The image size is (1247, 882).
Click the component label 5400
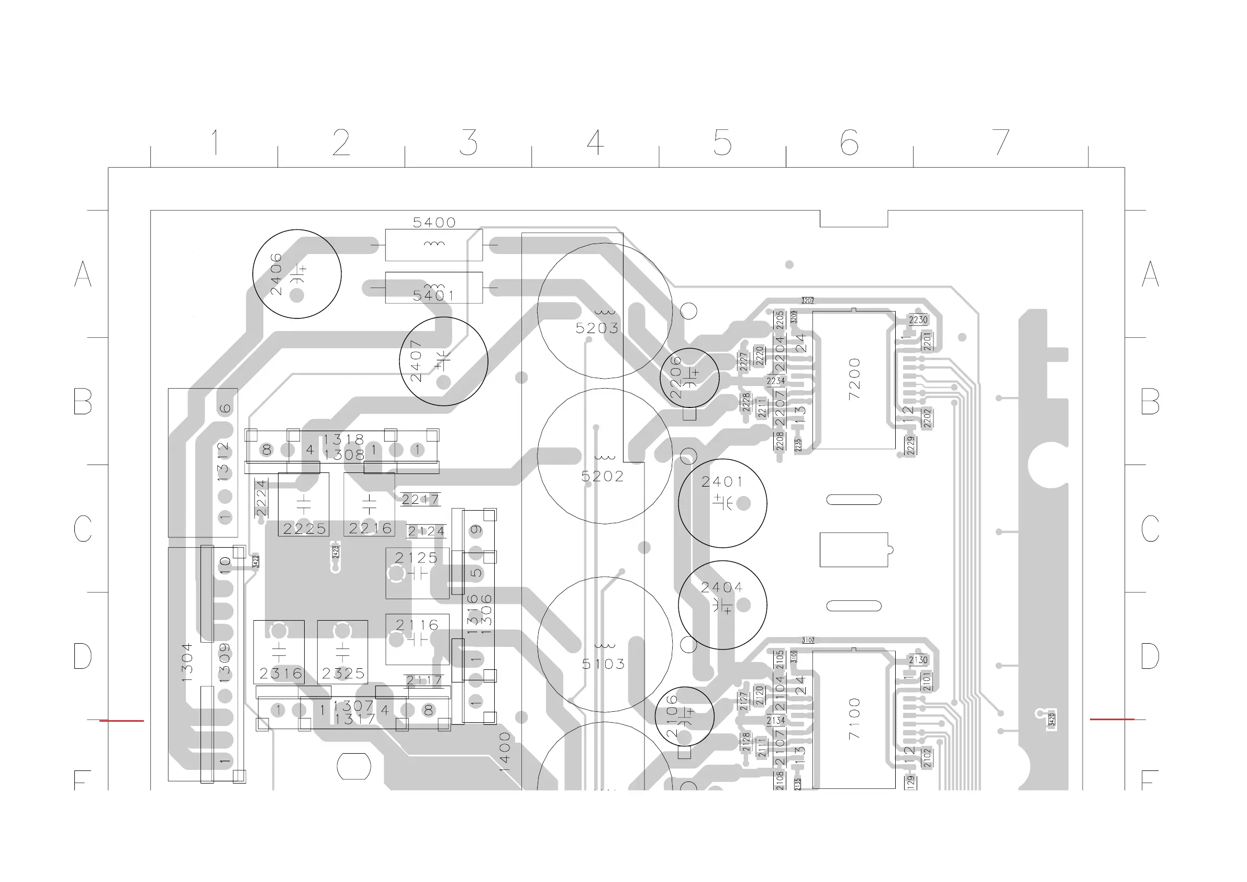coord(434,222)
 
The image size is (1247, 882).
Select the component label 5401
coord(433,295)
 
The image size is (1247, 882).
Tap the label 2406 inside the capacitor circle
coord(276,274)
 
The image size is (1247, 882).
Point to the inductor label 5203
coord(597,328)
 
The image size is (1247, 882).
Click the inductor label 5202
coord(603,477)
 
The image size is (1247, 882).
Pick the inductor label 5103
coord(603,664)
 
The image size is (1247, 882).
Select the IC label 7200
coord(854,379)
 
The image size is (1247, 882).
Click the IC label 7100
coord(854,719)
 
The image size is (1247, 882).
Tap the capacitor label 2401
coord(721,482)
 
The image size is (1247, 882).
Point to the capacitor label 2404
coord(721,588)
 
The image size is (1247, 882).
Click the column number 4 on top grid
coord(595,142)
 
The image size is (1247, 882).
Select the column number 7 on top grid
coord(1000,142)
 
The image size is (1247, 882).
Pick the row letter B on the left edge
coord(83,402)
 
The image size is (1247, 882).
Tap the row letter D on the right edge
coord(1150,656)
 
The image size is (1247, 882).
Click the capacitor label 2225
coord(304,529)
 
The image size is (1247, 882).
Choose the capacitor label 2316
coord(280,674)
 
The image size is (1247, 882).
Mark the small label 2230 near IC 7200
coord(918,320)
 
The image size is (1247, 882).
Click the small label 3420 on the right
coord(1052,720)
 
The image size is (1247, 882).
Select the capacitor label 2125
coord(416,558)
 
